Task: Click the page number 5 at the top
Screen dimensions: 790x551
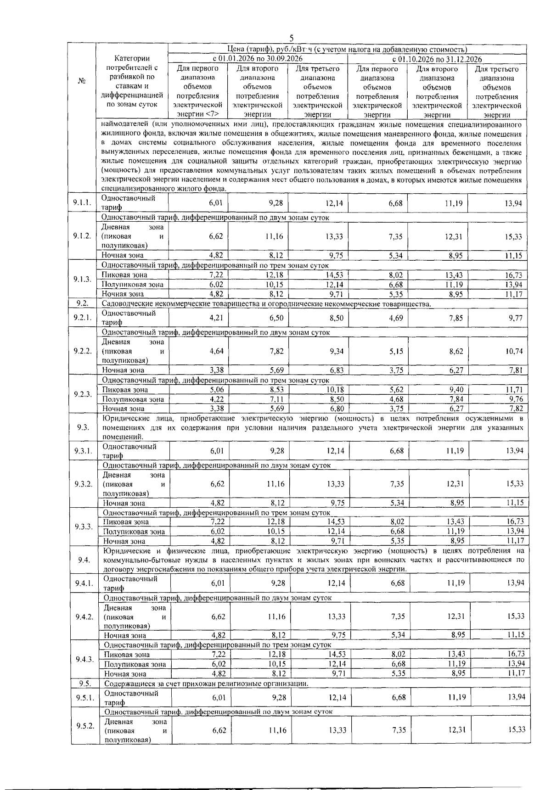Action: (x=291, y=39)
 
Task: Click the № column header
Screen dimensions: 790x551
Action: (x=82, y=81)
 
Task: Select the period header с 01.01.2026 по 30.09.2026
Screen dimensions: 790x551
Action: (x=257, y=59)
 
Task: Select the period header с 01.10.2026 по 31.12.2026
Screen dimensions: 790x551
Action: (x=437, y=59)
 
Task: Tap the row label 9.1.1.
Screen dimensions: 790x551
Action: (x=82, y=202)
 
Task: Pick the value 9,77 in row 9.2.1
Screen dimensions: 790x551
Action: (x=514, y=318)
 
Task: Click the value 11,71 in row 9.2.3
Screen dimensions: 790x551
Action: (x=514, y=390)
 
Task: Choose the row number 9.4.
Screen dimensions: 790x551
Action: (x=84, y=560)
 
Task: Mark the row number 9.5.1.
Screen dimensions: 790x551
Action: (x=85, y=697)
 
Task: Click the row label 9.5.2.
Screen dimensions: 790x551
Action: (x=85, y=726)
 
